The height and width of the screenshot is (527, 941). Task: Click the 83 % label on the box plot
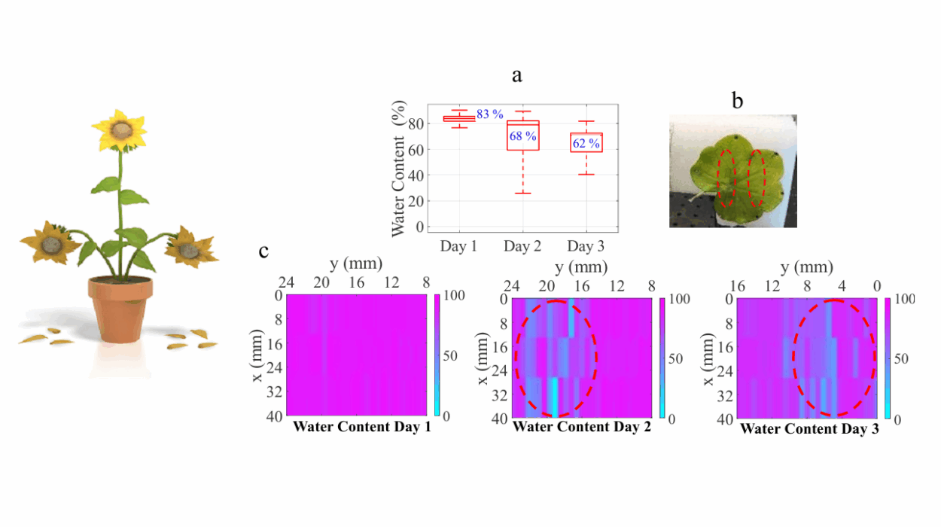tap(489, 114)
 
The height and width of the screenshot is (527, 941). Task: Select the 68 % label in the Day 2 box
tap(522, 136)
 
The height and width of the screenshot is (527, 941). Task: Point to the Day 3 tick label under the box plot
tap(586, 246)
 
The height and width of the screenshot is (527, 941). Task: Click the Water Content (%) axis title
tap(399, 169)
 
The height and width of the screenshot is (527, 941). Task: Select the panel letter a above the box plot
tap(516, 75)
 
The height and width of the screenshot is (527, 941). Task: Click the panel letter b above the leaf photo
tap(737, 100)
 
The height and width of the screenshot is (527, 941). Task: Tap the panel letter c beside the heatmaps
tap(264, 251)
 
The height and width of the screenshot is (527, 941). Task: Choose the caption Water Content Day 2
tap(582, 427)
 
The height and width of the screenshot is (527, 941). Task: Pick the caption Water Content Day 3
tap(809, 428)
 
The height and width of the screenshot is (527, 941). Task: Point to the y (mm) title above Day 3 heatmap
tap(805, 267)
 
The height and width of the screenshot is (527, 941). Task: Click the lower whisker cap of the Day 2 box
tap(522, 193)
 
